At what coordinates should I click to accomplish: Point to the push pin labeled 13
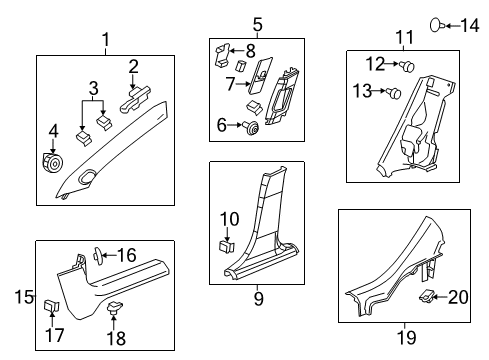coord(394,93)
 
